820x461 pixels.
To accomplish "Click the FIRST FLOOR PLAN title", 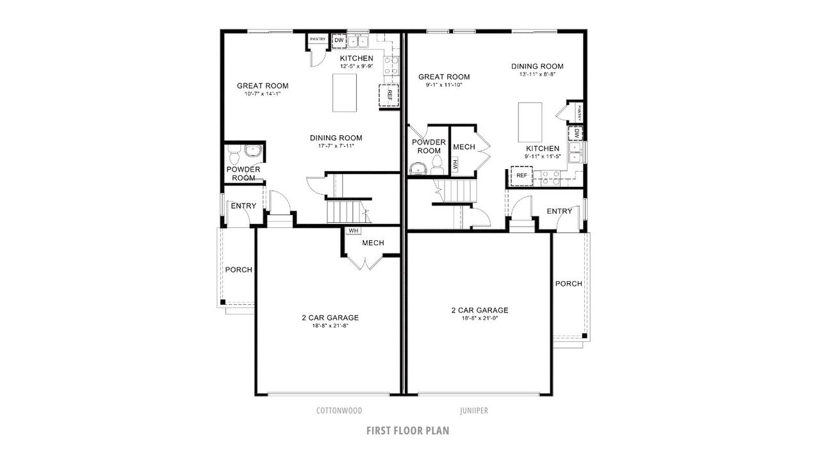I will [x=407, y=430].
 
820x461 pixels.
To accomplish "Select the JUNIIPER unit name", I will [x=474, y=410].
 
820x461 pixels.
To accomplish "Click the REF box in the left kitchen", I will [x=389, y=95].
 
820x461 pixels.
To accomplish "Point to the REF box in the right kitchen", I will [x=521, y=175].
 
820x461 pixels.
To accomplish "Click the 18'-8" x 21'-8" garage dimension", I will [x=330, y=326].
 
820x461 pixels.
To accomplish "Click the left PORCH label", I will [x=238, y=270].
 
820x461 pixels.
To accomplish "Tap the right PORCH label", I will [x=568, y=284].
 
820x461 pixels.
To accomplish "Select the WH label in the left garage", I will [x=353, y=230].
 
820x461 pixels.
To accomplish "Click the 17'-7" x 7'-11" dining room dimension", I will [x=336, y=146].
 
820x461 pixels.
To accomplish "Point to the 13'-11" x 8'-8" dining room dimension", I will [x=537, y=74].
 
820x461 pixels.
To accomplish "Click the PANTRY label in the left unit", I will [x=318, y=40].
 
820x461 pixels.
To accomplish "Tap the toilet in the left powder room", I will [x=234, y=154].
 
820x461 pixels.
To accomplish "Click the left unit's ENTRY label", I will [x=243, y=206].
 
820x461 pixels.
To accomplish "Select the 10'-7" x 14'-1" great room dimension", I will [x=262, y=94].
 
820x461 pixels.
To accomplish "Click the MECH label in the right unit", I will [x=464, y=147].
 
